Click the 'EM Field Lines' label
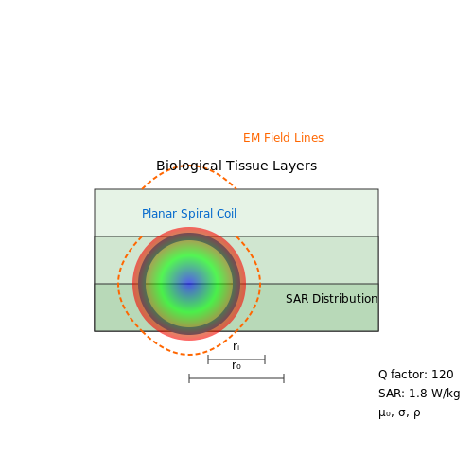tap(283, 138)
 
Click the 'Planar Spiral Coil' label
tap(189, 214)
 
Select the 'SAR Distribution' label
tap(331, 299)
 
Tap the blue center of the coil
tap(189, 284)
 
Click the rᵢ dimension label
tap(236, 346)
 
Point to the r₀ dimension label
tap(236, 365)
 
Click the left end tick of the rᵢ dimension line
tap(208, 359)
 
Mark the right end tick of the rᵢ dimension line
tap(265, 359)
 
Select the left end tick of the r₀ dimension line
tap(189, 378)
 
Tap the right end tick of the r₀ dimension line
tap(284, 378)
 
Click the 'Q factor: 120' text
tap(416, 375)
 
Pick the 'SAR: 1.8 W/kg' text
tap(419, 394)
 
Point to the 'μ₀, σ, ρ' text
tap(399, 412)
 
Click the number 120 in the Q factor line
tap(443, 375)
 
